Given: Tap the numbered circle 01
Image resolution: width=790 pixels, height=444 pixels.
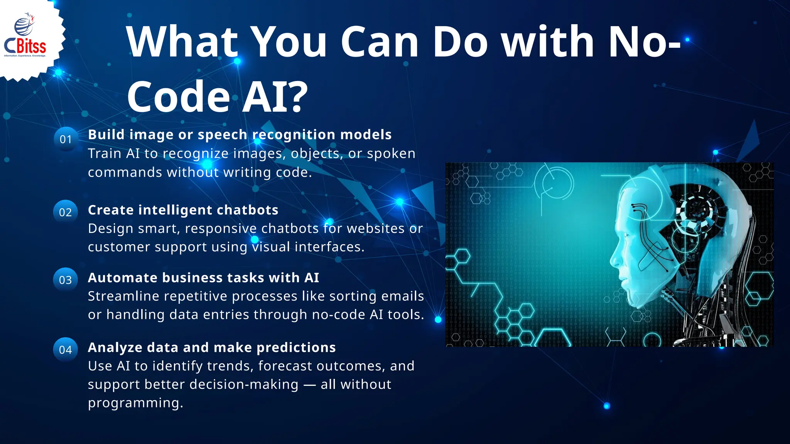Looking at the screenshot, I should click(66, 139).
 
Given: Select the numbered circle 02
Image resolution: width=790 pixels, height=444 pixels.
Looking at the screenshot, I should click(66, 212).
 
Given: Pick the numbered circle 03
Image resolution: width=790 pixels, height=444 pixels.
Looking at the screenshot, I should click(66, 280).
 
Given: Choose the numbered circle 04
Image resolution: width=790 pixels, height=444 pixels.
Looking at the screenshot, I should click(66, 350).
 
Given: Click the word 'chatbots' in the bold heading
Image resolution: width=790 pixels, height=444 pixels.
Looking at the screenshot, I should click(247, 210).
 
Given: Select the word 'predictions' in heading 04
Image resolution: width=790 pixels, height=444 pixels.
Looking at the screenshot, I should click(296, 348).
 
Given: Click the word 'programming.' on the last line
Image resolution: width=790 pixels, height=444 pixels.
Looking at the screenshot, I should click(135, 403).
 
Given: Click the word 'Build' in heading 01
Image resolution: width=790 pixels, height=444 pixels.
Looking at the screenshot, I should click(106, 135).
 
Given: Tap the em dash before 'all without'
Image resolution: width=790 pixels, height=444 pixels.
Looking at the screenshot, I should click(309, 385).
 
